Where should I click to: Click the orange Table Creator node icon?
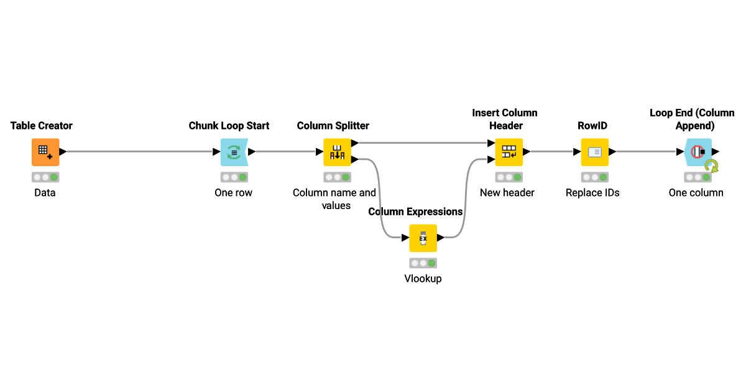click(x=45, y=152)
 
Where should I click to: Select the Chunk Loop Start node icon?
click(x=234, y=152)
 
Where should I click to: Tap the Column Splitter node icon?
click(x=336, y=152)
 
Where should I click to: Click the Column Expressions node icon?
click(x=423, y=238)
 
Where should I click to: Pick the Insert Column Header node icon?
click(x=509, y=152)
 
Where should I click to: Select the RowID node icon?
click(x=594, y=152)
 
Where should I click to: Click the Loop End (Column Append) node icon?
click(x=698, y=152)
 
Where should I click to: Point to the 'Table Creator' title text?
click(x=42, y=126)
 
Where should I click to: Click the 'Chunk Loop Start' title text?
click(x=229, y=126)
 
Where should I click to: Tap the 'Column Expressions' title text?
click(x=415, y=212)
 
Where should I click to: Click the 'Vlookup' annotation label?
click(x=423, y=279)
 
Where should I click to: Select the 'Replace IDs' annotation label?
click(x=592, y=193)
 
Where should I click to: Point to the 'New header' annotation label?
click(x=507, y=193)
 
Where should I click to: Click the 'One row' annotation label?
click(x=233, y=193)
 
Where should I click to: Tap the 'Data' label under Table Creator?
click(x=45, y=193)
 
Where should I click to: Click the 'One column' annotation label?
click(x=696, y=193)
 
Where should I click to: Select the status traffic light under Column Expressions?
click(x=423, y=263)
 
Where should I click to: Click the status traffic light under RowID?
click(x=594, y=177)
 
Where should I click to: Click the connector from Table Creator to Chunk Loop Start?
click(x=140, y=152)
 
